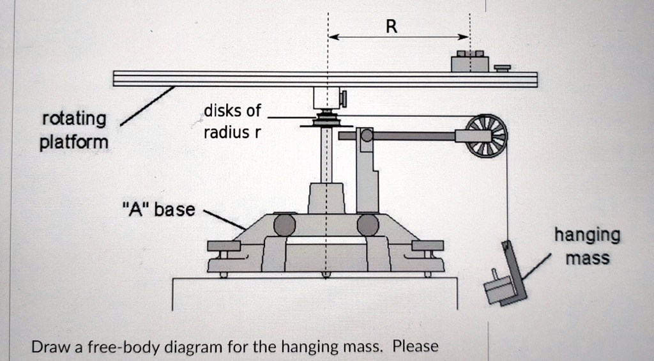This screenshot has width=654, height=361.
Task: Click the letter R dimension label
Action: point(392,26)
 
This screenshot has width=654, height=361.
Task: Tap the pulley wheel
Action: point(486,135)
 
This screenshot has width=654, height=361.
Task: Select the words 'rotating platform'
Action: point(74,130)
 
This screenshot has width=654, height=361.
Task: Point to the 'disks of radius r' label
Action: point(232,121)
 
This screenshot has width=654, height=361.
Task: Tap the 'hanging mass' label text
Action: point(586,246)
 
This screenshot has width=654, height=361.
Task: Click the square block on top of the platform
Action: point(469,63)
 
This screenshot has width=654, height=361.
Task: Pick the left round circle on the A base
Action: point(284,225)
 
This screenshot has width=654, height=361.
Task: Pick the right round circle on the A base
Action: point(368,225)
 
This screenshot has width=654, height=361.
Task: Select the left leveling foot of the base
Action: point(224,247)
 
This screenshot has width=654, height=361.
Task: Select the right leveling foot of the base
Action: point(428,247)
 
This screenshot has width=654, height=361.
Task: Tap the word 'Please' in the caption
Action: point(416,347)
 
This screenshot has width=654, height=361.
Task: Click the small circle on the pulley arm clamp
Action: point(366,135)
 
